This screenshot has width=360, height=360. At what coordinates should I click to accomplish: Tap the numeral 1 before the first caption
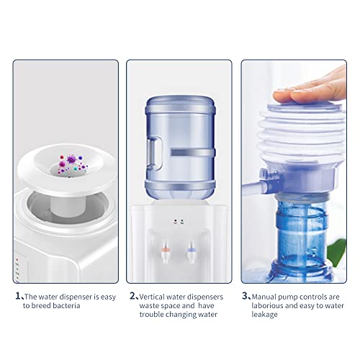pyautogui.click(x=18, y=296)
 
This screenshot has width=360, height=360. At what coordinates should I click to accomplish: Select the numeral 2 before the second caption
pyautogui.click(x=132, y=296)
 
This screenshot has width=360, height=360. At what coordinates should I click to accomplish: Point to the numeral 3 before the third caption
pyautogui.click(x=245, y=296)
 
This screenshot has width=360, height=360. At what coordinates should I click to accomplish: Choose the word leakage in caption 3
pyautogui.click(x=264, y=315)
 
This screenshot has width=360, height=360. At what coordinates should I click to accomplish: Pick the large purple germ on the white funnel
pyautogui.click(x=71, y=159)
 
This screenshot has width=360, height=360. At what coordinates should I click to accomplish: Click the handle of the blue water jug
pyautogui.click(x=155, y=153)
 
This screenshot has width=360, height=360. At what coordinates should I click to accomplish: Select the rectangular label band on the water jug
pyautogui.click(x=193, y=153)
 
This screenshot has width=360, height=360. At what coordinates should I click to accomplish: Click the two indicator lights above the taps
pyautogui.click(x=179, y=221)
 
